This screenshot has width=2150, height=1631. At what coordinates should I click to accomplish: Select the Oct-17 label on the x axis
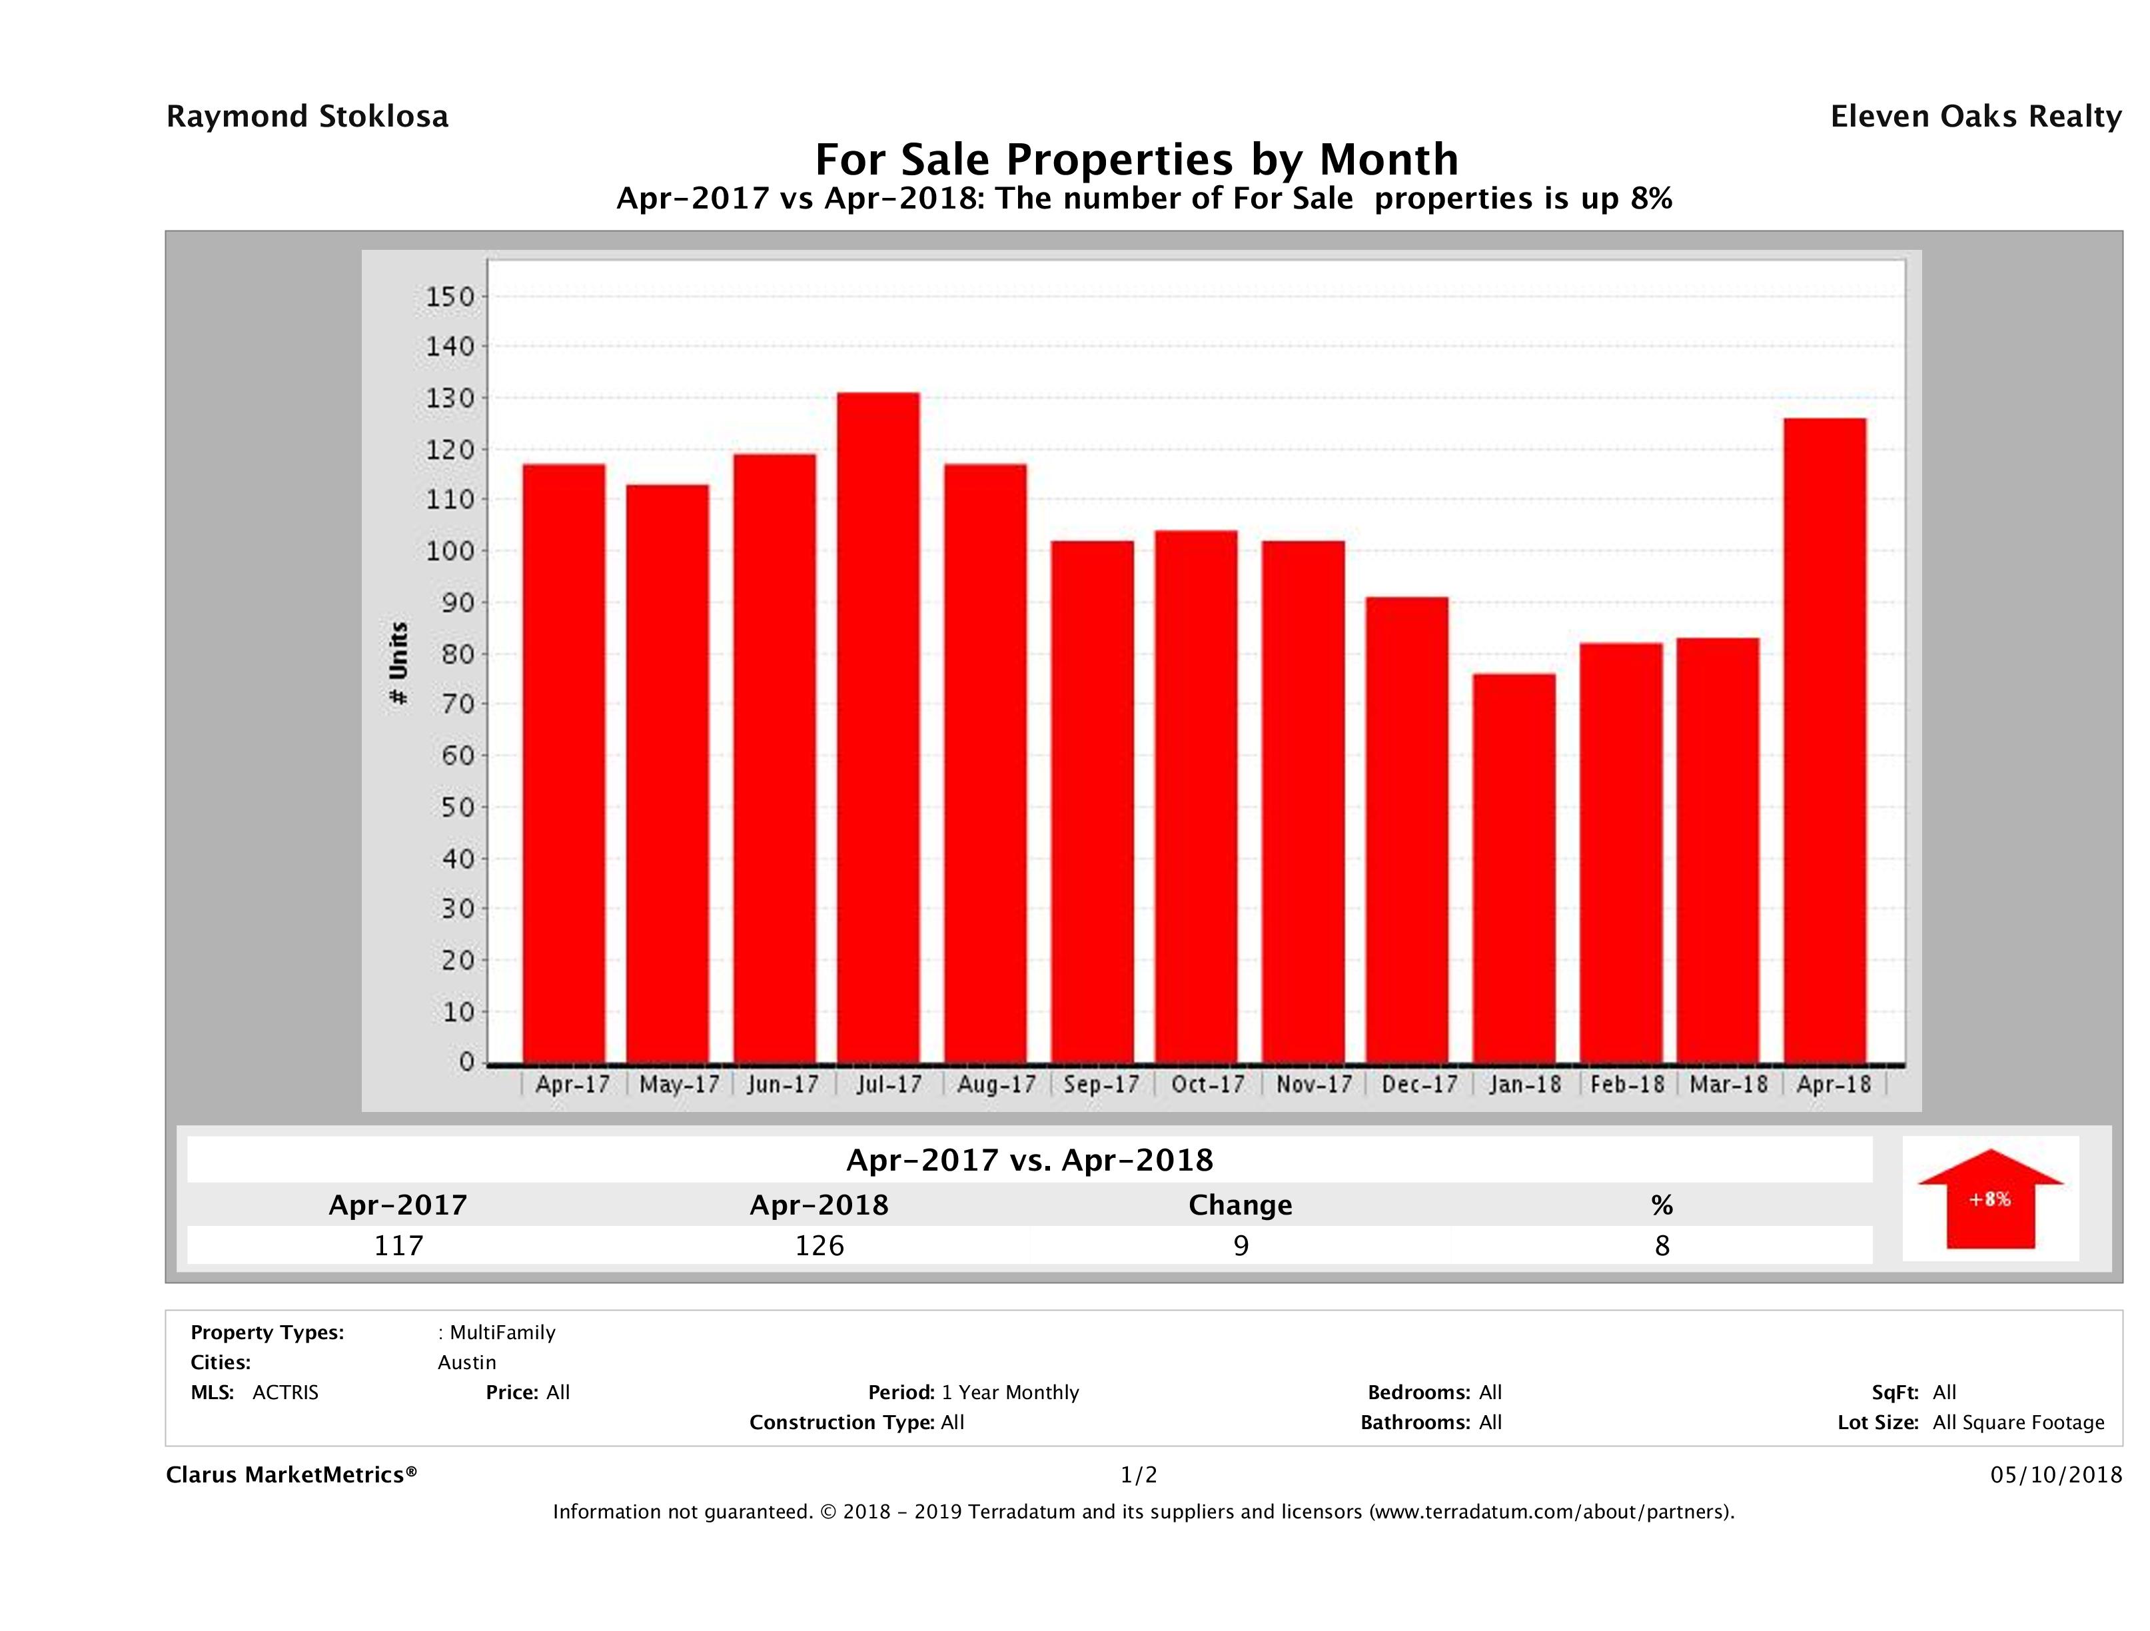point(1207,1084)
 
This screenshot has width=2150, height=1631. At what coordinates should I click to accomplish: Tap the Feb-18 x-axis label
point(1628,1084)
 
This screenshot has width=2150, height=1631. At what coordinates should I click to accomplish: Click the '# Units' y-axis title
point(398,663)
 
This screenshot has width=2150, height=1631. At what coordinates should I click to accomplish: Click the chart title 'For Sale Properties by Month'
point(1136,159)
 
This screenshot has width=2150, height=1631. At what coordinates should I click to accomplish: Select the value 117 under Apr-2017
point(398,1245)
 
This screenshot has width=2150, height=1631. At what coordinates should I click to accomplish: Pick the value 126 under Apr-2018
point(819,1245)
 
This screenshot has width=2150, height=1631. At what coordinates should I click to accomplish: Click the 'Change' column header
point(1241,1205)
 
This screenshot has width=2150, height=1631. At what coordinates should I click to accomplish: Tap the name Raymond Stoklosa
point(307,117)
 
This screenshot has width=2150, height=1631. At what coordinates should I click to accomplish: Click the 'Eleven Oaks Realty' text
point(1975,117)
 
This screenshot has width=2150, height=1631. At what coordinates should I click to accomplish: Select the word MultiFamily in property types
point(502,1333)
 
